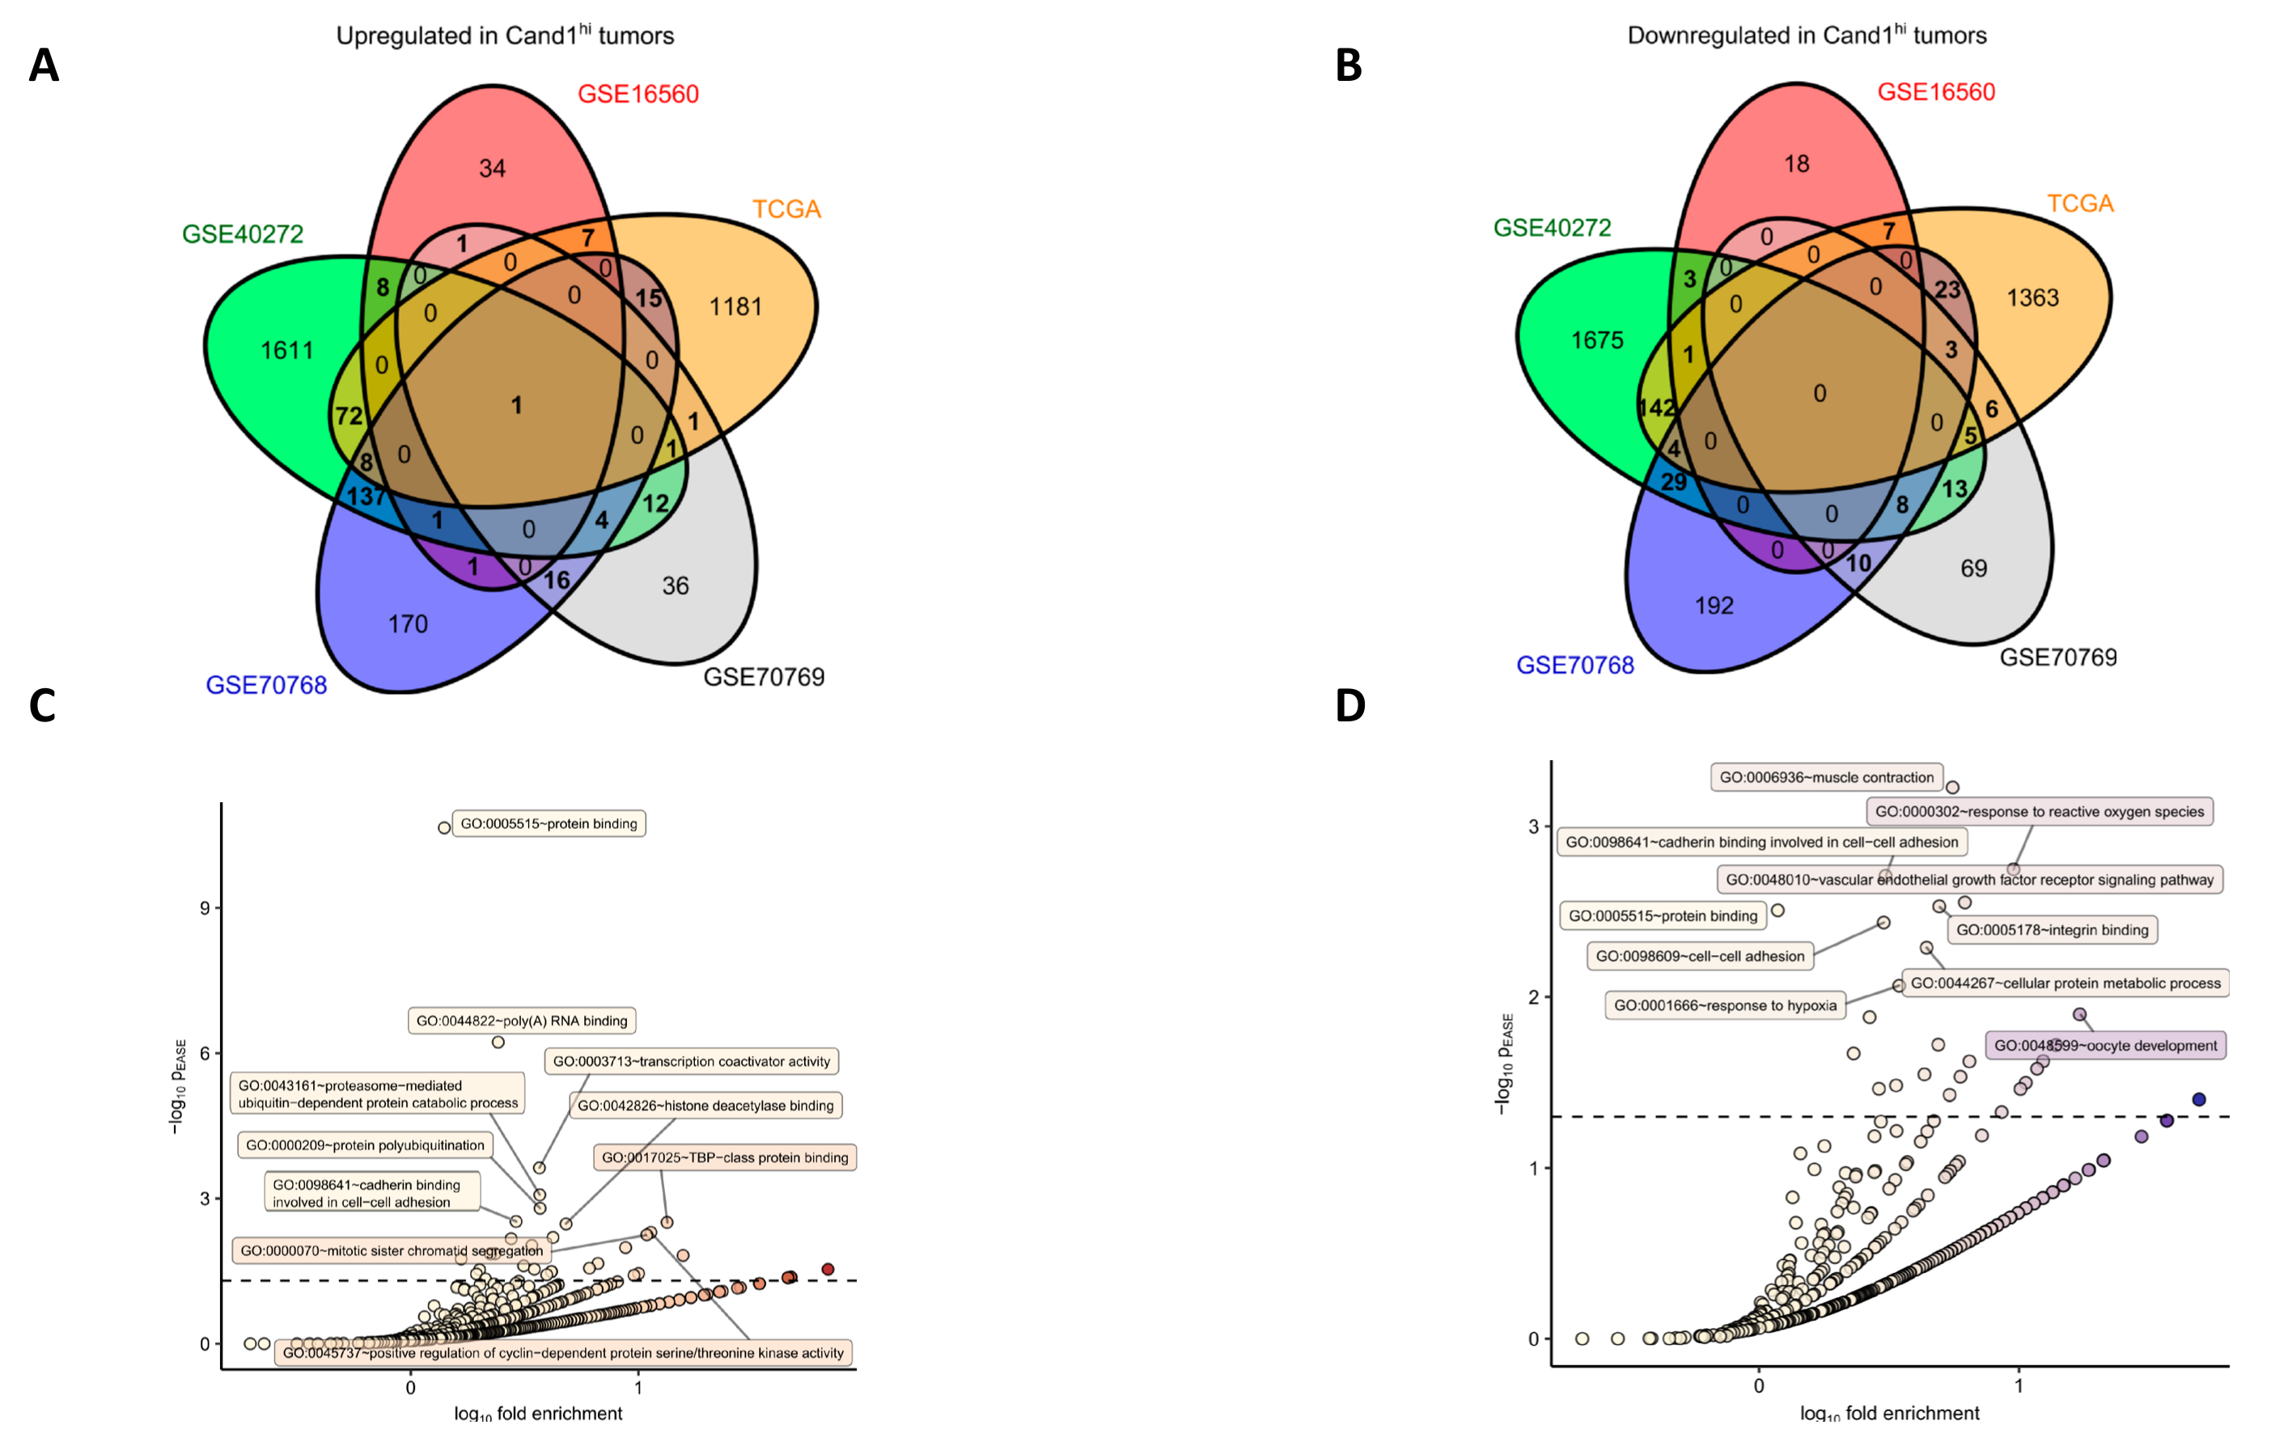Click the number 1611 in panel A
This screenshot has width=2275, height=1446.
pos(286,351)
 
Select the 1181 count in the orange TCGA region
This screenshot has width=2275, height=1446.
pos(735,307)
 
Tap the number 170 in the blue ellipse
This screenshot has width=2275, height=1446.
pos(408,624)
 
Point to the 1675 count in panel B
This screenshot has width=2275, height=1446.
pos(1597,340)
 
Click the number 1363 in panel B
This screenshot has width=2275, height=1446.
pos(2032,298)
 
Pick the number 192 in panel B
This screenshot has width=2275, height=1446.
pos(1714,606)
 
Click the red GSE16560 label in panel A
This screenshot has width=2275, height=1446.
pos(638,95)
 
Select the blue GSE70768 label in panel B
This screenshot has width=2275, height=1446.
pos(1575,666)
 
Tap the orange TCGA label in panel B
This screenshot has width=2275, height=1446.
pos(2079,204)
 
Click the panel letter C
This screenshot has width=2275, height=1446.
pos(43,705)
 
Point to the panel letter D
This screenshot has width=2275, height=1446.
pos(1350,705)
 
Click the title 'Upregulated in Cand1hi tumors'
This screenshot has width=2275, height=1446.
pos(505,36)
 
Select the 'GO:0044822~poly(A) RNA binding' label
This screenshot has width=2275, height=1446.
pos(522,1021)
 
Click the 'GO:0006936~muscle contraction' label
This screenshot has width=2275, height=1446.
pos(1826,777)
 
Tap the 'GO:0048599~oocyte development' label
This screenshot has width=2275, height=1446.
pos(2105,1046)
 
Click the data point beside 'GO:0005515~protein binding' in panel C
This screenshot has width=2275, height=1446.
pos(444,828)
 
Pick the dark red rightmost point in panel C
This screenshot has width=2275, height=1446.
pos(828,1270)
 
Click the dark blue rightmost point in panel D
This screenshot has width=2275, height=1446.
pos(2200,1099)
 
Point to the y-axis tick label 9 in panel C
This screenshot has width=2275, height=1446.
pos(205,908)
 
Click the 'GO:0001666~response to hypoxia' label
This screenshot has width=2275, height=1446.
pos(1725,1005)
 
